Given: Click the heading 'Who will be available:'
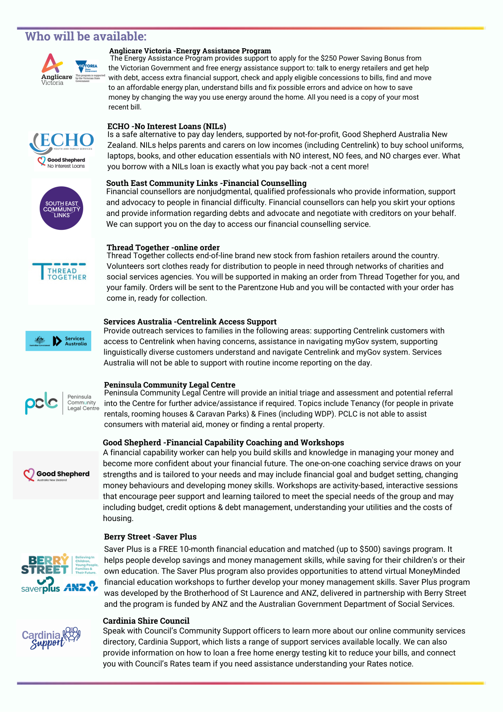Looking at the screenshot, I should coord(86,36).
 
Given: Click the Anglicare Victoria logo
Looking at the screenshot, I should coord(56,69).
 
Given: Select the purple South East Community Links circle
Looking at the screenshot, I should coord(61,208).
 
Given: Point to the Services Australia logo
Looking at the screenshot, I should coord(58,341).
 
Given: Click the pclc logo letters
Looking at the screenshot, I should coord(41,403).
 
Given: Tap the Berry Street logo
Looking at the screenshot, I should coord(45,565).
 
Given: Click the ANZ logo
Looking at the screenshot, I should coord(81,587).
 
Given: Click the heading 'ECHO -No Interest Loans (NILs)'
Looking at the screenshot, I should coord(166,126).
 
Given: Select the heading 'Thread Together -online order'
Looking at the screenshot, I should coord(163,247).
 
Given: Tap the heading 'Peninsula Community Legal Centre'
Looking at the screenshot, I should coord(169,385).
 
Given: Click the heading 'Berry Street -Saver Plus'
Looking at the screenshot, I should coord(150,537).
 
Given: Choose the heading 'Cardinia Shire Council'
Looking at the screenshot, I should coord(146,621).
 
